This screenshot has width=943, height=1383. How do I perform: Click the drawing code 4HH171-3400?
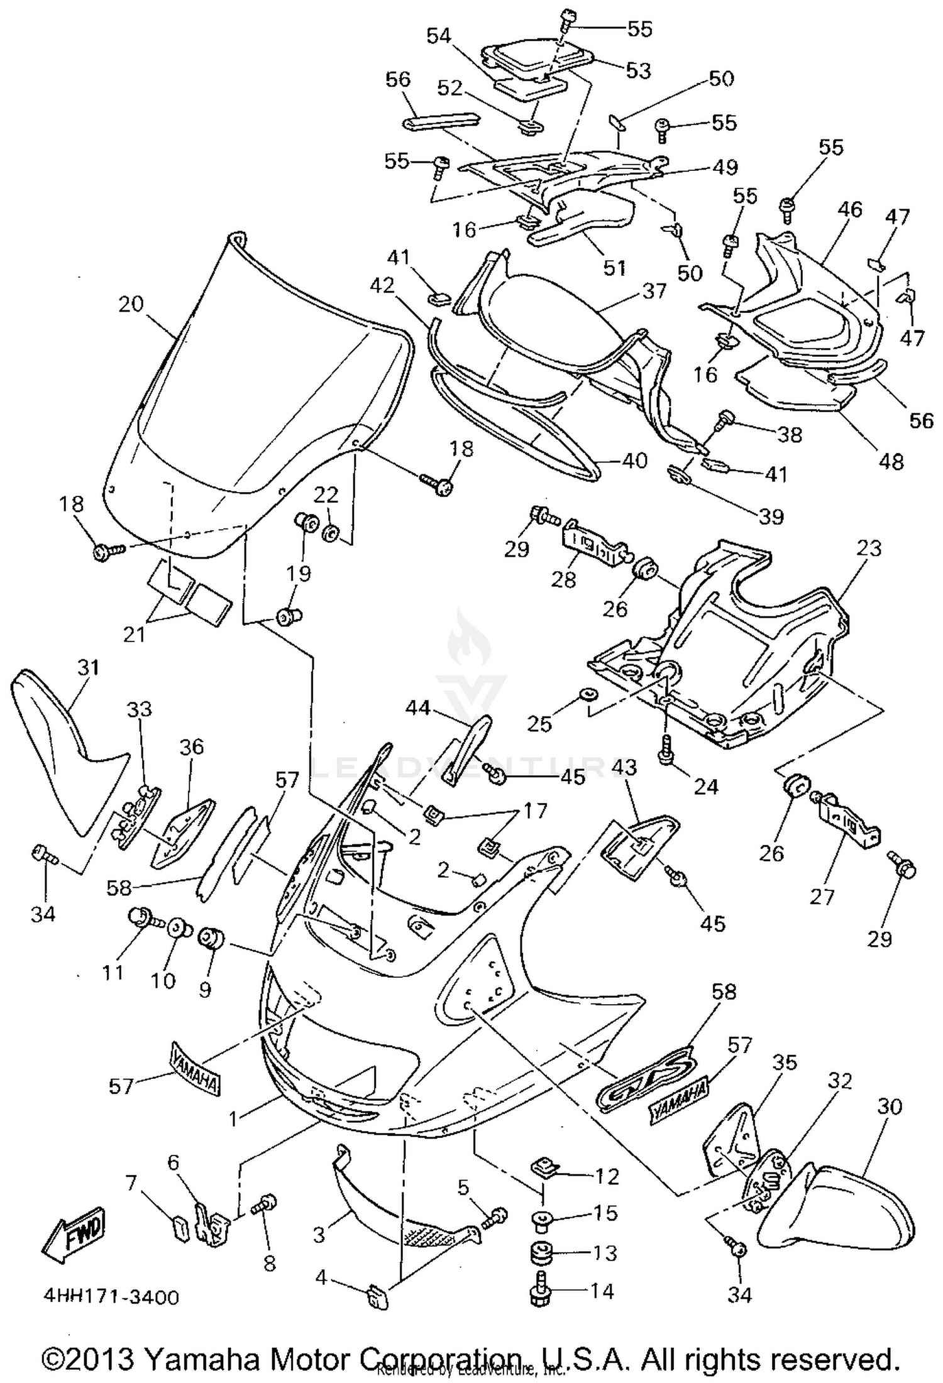click(x=111, y=1297)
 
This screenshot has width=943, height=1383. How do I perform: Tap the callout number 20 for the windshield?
click(x=131, y=304)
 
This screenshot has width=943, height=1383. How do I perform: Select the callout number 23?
click(x=869, y=548)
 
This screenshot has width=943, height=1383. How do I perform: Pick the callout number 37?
click(x=654, y=290)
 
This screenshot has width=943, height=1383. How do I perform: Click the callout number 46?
click(x=850, y=209)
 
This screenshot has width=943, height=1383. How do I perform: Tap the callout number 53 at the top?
click(x=638, y=70)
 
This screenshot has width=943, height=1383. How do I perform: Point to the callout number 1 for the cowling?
click(x=233, y=1118)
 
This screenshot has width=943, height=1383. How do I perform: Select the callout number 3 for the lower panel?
click(x=319, y=1235)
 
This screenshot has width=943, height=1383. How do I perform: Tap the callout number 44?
click(x=417, y=708)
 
